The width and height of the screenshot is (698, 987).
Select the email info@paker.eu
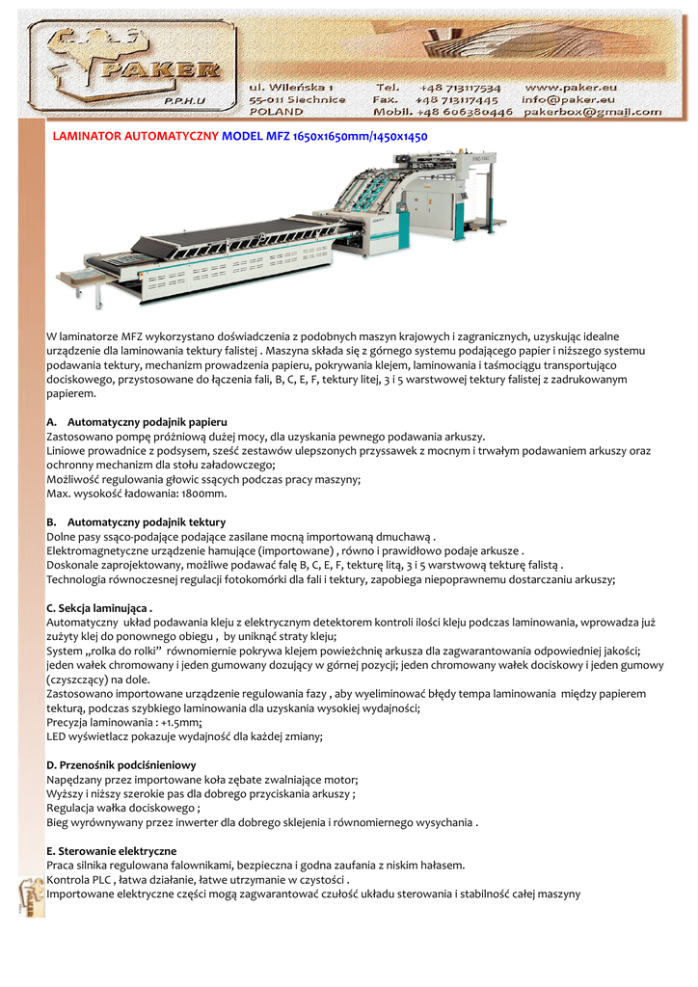click(x=568, y=99)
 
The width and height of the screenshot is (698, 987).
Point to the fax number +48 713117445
click(x=457, y=99)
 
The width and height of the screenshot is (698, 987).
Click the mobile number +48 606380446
click(x=468, y=112)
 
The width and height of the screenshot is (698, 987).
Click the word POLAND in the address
click(x=276, y=112)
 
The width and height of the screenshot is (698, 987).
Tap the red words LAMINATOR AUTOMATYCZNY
click(x=136, y=137)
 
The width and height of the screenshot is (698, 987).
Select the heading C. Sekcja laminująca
click(x=100, y=609)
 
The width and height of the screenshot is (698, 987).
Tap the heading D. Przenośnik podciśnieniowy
click(x=121, y=764)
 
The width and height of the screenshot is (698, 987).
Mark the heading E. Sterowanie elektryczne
click(x=112, y=851)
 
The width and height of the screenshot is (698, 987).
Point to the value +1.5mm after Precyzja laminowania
click(x=168, y=722)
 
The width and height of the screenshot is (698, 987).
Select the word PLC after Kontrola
click(x=100, y=880)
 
